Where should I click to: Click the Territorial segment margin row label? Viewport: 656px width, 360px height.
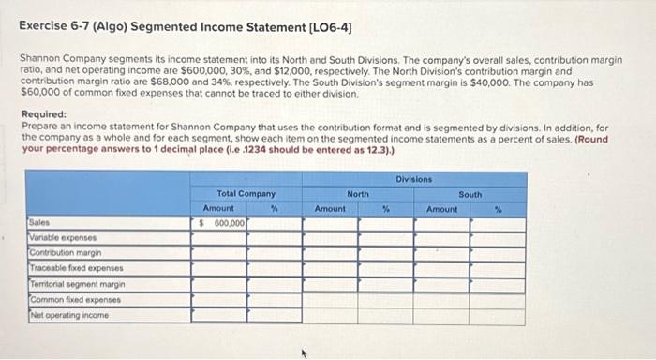(71, 284)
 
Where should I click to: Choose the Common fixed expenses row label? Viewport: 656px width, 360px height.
(65, 299)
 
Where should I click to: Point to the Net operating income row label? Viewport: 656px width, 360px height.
(61, 314)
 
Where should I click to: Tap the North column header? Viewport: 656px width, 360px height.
(358, 194)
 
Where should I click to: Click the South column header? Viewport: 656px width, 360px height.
(470, 194)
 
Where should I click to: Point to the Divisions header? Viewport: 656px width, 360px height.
(413, 178)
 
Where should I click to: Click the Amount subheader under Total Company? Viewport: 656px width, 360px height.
(218, 208)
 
